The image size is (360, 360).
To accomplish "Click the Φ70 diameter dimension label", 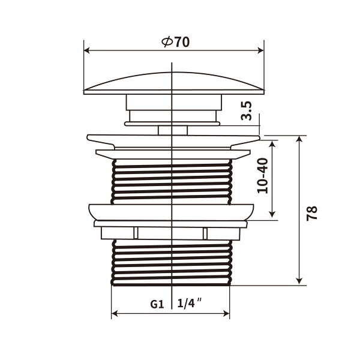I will click(x=175, y=42).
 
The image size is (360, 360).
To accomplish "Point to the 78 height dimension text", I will click(x=311, y=213).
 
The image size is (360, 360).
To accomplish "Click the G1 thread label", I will click(x=157, y=304).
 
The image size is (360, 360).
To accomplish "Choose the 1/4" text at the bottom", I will click(x=189, y=304).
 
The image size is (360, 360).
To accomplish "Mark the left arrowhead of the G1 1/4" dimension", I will click(x=115, y=313).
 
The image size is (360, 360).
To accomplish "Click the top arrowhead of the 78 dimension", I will click(x=299, y=139).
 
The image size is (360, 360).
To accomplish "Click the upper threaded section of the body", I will click(x=172, y=180).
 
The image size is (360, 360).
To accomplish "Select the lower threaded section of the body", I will click(x=172, y=261).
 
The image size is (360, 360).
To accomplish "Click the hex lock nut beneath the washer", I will click(x=172, y=233).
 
